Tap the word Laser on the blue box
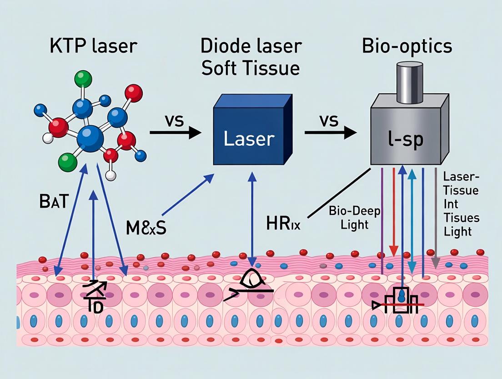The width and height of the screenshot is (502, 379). (249, 139)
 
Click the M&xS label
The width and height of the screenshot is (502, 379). (146, 226)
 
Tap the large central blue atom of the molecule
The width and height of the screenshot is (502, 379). (90, 138)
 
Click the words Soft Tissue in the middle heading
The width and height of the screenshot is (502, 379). (250, 68)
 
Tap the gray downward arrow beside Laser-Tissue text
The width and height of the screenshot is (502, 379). (436, 219)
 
